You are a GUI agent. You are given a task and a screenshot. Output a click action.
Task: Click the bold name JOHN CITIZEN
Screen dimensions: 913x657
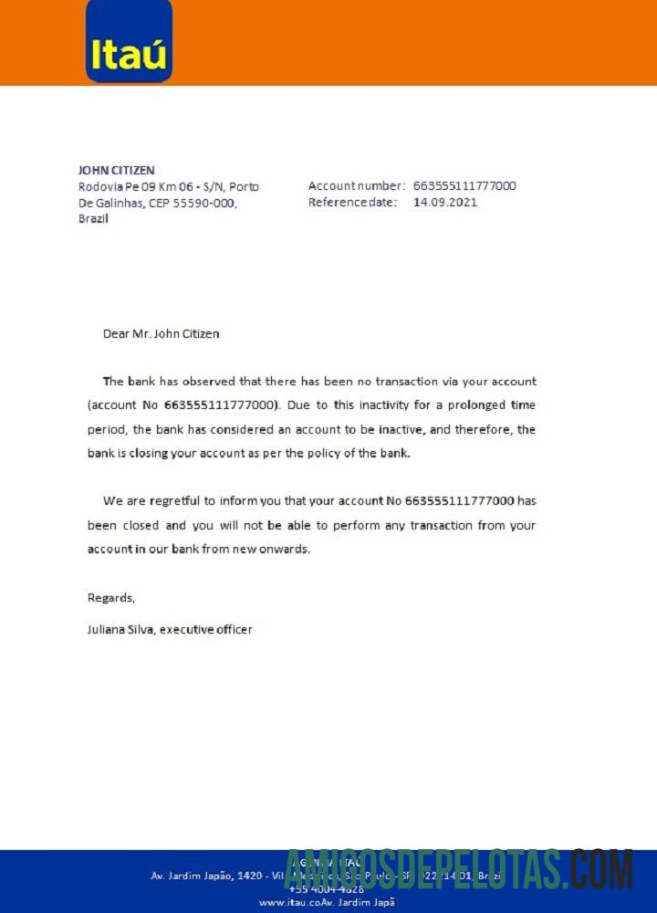click(x=116, y=170)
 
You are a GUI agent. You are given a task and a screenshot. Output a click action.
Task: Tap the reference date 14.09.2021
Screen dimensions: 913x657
click(x=445, y=202)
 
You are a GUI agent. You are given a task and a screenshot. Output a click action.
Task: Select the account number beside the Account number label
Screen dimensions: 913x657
click(x=464, y=185)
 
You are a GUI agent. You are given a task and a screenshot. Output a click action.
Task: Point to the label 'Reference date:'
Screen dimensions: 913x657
click(x=352, y=202)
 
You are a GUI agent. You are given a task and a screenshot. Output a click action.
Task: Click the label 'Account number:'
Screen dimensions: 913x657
click(x=357, y=185)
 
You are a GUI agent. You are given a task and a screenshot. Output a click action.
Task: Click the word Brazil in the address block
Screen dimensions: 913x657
click(x=94, y=219)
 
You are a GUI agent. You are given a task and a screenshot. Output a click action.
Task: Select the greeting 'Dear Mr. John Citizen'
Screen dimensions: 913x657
click(x=161, y=333)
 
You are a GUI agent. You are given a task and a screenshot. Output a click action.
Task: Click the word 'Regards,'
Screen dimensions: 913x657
click(x=111, y=597)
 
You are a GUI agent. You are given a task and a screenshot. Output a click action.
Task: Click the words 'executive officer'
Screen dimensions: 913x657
click(x=206, y=629)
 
